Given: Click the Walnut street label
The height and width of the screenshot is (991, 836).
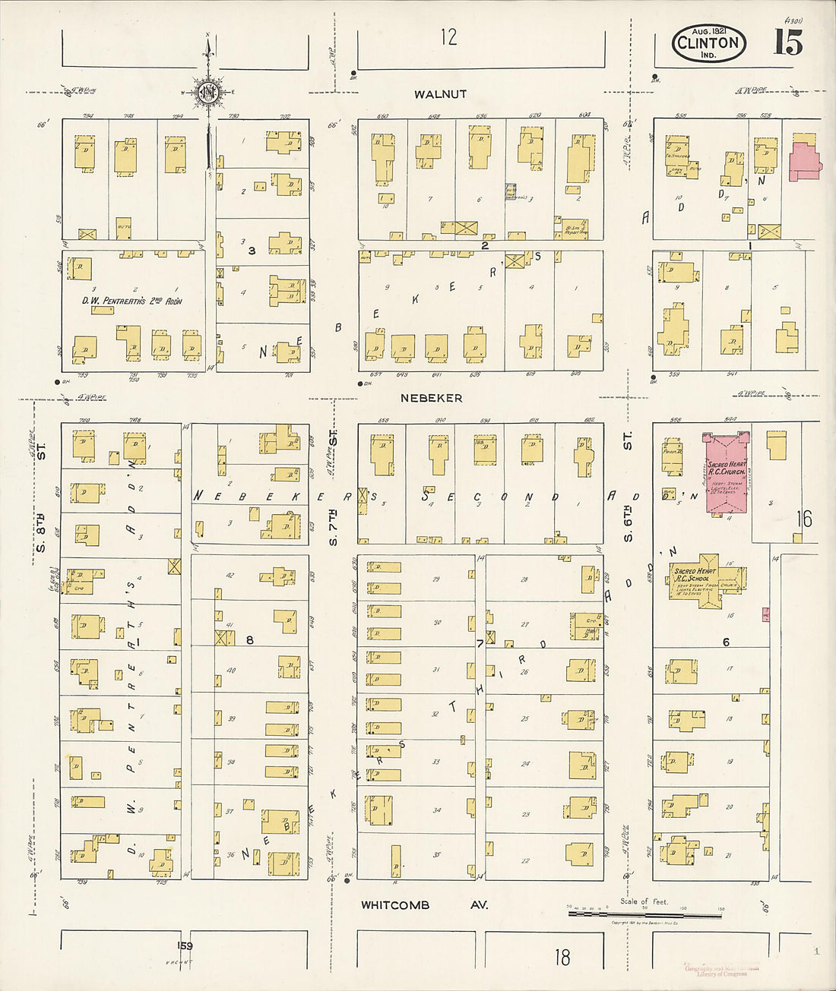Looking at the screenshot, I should point(440,94).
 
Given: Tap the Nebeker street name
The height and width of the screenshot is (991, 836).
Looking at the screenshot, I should point(431,398).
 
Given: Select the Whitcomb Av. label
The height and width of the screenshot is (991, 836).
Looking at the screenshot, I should point(424,905).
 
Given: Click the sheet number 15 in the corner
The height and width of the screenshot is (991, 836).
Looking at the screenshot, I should point(787,43).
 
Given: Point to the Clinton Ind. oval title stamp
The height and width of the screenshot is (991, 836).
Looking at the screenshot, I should point(708,43).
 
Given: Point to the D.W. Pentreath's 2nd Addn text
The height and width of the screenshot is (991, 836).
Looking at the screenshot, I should point(132,301).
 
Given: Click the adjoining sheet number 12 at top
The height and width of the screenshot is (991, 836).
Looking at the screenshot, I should point(449,36).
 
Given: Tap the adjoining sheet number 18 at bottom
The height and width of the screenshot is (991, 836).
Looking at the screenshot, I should point(562,957).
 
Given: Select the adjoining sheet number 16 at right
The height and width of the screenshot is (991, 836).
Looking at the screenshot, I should point(804,519).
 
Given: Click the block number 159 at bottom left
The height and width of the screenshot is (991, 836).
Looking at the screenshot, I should point(185,945).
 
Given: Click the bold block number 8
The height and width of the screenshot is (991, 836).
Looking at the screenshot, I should point(249,640).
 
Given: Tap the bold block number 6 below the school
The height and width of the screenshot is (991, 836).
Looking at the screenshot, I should point(726,642).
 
